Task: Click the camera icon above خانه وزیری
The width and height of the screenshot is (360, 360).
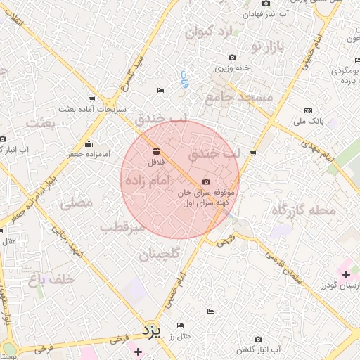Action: [233, 58]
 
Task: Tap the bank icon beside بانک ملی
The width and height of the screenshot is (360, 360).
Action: [308, 110]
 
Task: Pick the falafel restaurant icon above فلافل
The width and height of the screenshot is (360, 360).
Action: [155, 150]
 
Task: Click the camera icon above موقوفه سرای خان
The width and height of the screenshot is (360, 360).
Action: [206, 182]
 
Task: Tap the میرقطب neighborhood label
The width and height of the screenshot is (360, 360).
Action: [122, 228]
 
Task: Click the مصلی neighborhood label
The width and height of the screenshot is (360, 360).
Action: [77, 204]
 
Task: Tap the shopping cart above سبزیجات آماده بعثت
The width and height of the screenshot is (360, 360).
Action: [92, 98]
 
